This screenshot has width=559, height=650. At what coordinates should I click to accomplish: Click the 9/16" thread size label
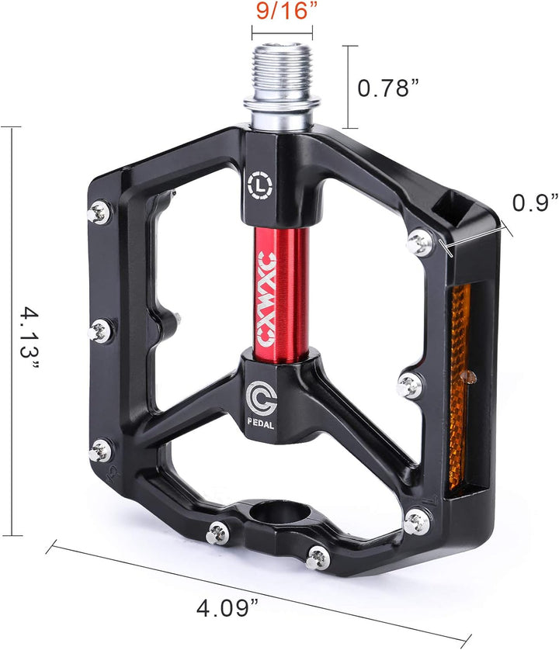(282, 12)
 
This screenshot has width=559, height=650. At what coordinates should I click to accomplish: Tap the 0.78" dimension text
(394, 88)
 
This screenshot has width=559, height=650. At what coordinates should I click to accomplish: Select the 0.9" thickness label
(535, 202)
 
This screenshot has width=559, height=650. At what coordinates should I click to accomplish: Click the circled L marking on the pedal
(258, 185)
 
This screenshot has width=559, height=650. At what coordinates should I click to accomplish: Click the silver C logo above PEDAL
(259, 396)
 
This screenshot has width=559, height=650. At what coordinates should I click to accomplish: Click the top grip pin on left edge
(99, 209)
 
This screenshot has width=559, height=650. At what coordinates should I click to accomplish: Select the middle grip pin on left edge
(100, 331)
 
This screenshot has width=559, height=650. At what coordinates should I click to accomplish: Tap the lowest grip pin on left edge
(99, 450)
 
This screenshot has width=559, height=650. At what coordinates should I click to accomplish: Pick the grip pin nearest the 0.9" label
(421, 243)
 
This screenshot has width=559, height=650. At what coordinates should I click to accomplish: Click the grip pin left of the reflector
(408, 383)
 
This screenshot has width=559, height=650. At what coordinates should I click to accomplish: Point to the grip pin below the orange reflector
(416, 520)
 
